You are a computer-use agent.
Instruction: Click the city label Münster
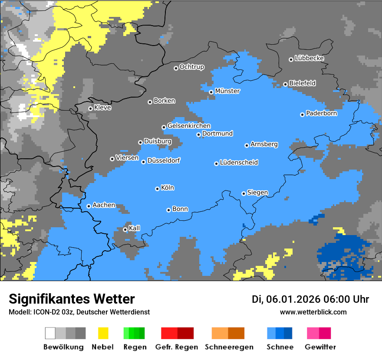pyautogui.click(x=227, y=91)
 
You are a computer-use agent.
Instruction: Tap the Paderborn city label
pyautogui.click(x=322, y=114)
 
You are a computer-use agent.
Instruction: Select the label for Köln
pyautogui.click(x=168, y=188)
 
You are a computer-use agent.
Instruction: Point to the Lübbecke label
pyautogui.click(x=310, y=58)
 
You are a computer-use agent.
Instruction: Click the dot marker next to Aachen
pyautogui.click(x=89, y=206)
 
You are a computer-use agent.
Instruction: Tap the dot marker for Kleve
pyautogui.click(x=90, y=108)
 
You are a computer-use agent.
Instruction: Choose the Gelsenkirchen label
pyautogui.click(x=189, y=126)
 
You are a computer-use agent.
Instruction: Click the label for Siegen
pyautogui.click(x=258, y=193)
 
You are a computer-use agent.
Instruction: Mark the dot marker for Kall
pyautogui.click(x=125, y=229)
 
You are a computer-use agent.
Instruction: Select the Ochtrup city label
pyautogui.click(x=192, y=67)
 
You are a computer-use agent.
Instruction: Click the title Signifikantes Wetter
pyautogui.click(x=72, y=299)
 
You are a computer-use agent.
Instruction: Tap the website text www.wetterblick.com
pyautogui.click(x=313, y=312)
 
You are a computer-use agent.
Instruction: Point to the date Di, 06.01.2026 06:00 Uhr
pyautogui.click(x=310, y=299)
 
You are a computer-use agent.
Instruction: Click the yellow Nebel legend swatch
pyautogui.click(x=103, y=333)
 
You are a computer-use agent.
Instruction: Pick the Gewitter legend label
pyautogui.click(x=320, y=347)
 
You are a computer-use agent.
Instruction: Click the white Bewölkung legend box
pyautogui.click(x=50, y=333)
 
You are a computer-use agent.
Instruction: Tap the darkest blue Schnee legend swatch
pyautogui.click(x=288, y=333)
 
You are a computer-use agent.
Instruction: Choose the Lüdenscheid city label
pyautogui.click(x=239, y=162)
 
